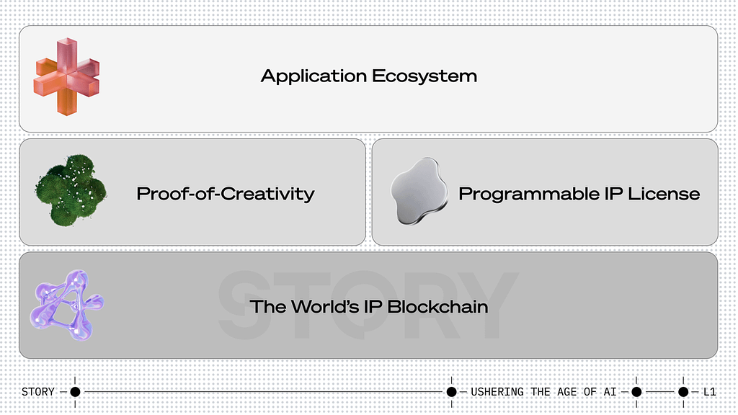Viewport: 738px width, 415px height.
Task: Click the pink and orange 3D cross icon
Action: [x=67, y=76]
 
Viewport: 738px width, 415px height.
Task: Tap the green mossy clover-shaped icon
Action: [x=71, y=190]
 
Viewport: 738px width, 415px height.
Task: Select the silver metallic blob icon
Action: [x=419, y=190]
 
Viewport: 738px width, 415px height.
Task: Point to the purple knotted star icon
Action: [x=66, y=305]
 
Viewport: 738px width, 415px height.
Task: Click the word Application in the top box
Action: [x=314, y=76]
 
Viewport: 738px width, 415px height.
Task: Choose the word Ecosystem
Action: [x=424, y=76]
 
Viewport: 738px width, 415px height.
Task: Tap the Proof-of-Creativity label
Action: [x=226, y=194]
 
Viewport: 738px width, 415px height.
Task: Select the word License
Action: [x=664, y=193]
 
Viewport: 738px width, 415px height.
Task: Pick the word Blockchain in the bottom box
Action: [x=437, y=307]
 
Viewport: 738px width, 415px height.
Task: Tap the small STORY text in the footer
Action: [x=38, y=391]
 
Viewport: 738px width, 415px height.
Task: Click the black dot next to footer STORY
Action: [x=75, y=391]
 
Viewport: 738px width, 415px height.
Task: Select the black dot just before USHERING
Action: [x=451, y=391]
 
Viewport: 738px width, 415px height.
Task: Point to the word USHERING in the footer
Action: [x=497, y=391]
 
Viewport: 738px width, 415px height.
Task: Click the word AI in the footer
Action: [x=610, y=391]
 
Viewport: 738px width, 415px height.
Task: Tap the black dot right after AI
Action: [x=636, y=391]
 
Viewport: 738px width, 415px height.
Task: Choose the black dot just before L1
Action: [x=683, y=391]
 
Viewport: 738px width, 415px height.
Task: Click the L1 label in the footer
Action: [x=710, y=391]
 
